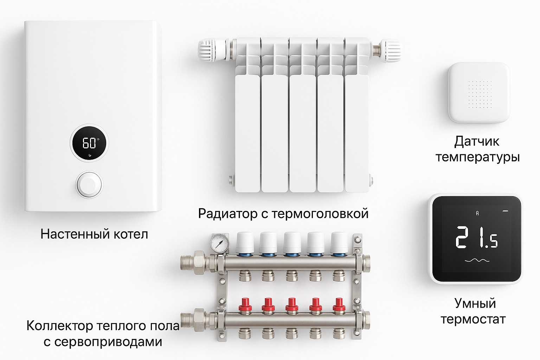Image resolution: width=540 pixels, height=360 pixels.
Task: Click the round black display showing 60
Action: [89, 143]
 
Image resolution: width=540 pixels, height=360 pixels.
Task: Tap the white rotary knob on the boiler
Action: [89, 185]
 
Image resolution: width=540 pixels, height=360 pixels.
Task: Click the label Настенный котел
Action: [94, 234]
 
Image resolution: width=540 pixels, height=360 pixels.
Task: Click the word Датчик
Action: [477, 142]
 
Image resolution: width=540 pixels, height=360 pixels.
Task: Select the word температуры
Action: [477, 157]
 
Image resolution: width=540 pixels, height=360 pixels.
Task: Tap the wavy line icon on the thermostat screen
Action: [477, 261]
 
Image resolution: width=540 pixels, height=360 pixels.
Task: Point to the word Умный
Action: [475, 303]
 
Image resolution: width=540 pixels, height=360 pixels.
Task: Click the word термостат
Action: [473, 320]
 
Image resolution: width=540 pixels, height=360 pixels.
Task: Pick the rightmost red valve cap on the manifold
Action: [339, 305]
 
